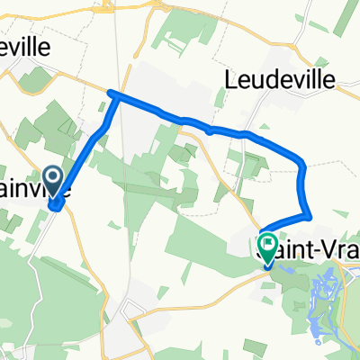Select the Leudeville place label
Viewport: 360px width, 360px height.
coord(278,81)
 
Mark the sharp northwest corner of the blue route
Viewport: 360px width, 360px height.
coord(111,94)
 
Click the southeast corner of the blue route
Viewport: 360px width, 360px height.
coord(310,215)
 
